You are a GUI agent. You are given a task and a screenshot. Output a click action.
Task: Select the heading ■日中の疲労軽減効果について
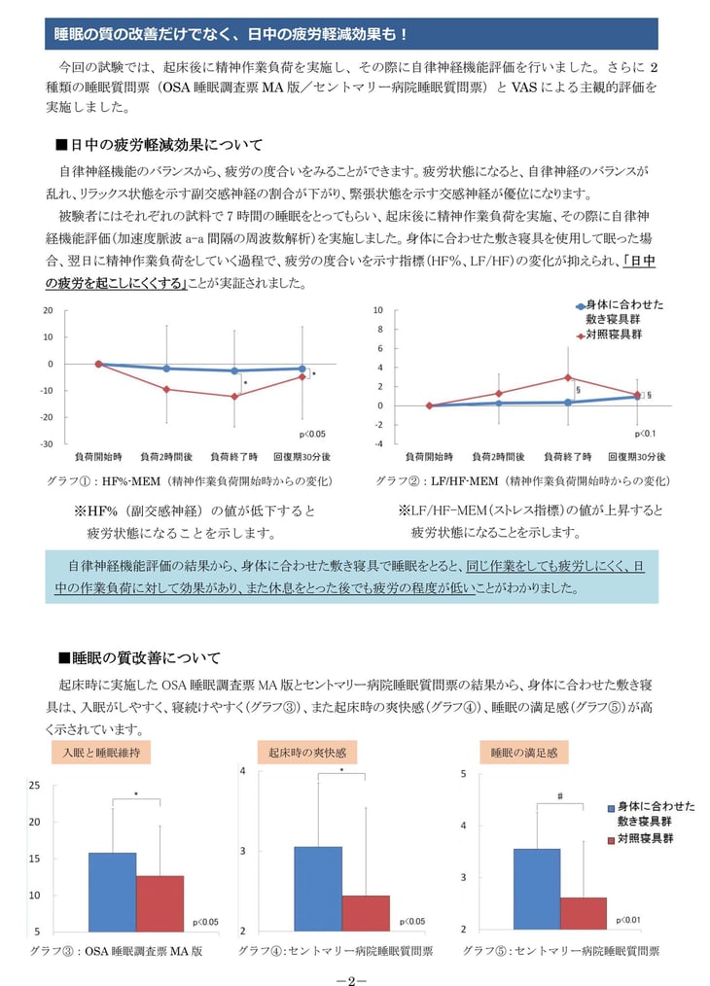click(160, 145)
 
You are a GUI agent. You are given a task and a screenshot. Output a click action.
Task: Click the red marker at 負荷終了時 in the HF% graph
click(234, 396)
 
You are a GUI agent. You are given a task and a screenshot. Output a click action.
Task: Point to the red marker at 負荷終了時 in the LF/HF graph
click(568, 377)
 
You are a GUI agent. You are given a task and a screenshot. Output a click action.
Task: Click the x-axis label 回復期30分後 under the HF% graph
click(302, 456)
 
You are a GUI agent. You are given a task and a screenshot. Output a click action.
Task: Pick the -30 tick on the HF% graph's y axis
click(47, 443)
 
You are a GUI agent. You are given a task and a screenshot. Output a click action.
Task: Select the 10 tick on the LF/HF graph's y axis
click(378, 310)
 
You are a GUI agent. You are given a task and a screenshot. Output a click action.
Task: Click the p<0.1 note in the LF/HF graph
click(645, 434)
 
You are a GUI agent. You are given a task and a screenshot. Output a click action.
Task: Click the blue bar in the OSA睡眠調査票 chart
click(112, 892)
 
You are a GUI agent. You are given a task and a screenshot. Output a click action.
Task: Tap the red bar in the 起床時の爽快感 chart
click(365, 913)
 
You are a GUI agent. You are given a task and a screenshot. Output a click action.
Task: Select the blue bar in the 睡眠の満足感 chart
click(537, 889)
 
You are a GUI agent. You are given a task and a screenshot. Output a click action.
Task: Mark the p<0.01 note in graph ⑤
click(628, 919)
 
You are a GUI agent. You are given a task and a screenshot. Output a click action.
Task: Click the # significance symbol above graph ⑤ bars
click(560, 796)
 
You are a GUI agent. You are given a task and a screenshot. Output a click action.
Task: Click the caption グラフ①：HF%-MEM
click(190, 480)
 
